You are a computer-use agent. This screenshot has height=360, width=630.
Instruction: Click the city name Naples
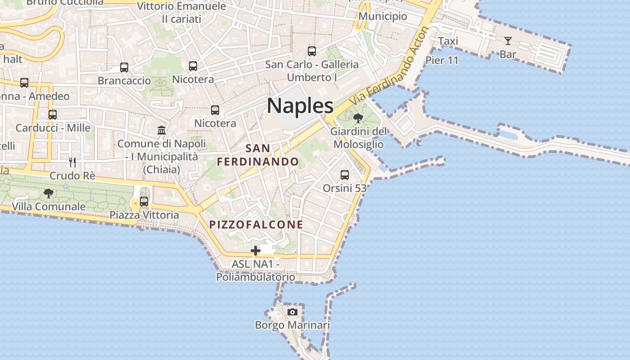(300, 106)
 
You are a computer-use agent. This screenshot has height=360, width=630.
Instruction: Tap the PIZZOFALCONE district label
(256, 224)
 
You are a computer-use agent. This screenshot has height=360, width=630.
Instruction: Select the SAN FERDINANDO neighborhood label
(258, 155)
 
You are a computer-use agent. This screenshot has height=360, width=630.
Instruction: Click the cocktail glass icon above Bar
(508, 41)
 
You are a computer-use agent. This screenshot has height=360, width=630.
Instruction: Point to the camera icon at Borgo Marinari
(292, 312)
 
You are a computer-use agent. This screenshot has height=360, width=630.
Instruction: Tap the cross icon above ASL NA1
(256, 251)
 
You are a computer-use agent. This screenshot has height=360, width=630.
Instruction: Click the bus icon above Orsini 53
(345, 175)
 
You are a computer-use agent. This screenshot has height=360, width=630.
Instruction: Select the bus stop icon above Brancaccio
(124, 67)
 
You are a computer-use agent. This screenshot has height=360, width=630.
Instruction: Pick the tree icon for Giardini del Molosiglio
(358, 118)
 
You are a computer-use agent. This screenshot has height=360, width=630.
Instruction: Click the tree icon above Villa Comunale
(49, 193)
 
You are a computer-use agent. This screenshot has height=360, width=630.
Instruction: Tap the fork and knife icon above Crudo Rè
(72, 162)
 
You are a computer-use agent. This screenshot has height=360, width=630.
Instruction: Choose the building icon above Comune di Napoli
(162, 130)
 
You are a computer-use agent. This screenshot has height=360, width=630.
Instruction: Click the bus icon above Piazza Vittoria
(144, 202)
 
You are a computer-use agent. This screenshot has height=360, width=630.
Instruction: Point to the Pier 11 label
(442, 60)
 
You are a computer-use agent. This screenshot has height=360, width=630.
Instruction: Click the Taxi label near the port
(448, 41)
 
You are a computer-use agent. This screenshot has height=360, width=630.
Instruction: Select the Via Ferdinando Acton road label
(390, 65)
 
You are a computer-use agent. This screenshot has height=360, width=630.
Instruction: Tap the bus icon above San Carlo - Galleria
(312, 51)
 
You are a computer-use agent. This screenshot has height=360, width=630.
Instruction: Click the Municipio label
(383, 17)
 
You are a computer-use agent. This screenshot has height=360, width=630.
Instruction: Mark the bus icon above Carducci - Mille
(53, 114)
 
